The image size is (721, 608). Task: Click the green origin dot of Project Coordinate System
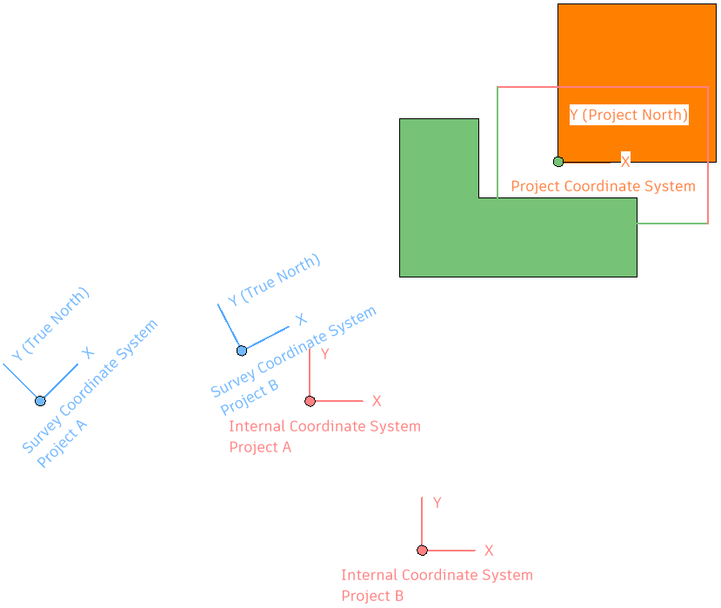pyautogui.click(x=558, y=162)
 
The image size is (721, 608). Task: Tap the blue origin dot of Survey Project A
pyautogui.click(x=40, y=401)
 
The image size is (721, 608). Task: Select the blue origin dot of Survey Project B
pyautogui.click(x=242, y=351)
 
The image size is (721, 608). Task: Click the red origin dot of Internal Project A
pyautogui.click(x=310, y=401)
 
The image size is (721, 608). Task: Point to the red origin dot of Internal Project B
pyautogui.click(x=422, y=551)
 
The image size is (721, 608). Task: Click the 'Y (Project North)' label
pyautogui.click(x=629, y=115)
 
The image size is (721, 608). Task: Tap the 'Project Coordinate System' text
pyautogui.click(x=603, y=186)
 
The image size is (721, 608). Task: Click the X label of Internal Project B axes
pyautogui.click(x=489, y=551)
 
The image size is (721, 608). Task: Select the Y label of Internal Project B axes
pyautogui.click(x=437, y=503)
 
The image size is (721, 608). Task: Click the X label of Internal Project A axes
pyautogui.click(x=377, y=401)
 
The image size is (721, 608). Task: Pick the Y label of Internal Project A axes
pyautogui.click(x=324, y=354)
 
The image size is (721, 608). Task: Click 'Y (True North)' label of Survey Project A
pyautogui.click(x=51, y=324)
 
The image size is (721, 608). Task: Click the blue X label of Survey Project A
pyautogui.click(x=87, y=353)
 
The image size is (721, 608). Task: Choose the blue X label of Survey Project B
pyautogui.click(x=301, y=319)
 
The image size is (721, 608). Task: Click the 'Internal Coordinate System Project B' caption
pyautogui.click(x=437, y=585)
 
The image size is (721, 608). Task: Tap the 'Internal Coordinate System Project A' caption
pyautogui.click(x=324, y=437)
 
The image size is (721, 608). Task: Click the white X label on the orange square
pyautogui.click(x=625, y=161)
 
